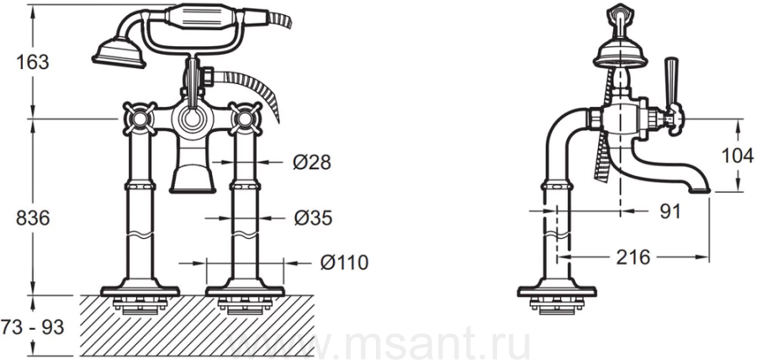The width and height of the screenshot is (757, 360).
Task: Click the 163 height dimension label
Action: [33, 63]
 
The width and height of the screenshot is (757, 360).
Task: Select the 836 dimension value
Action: [33, 218]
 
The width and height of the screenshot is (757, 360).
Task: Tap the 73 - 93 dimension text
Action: [32, 328]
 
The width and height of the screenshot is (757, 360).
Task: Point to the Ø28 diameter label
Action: [312, 162]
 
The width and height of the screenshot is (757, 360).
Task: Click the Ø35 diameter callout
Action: [314, 218]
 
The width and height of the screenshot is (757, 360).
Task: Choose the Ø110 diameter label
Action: [344, 262]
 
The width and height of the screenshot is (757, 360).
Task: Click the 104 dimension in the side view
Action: [737, 156]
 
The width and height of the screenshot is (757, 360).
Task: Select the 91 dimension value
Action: [670, 211]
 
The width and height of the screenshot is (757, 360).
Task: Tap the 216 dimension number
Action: [633, 257]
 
